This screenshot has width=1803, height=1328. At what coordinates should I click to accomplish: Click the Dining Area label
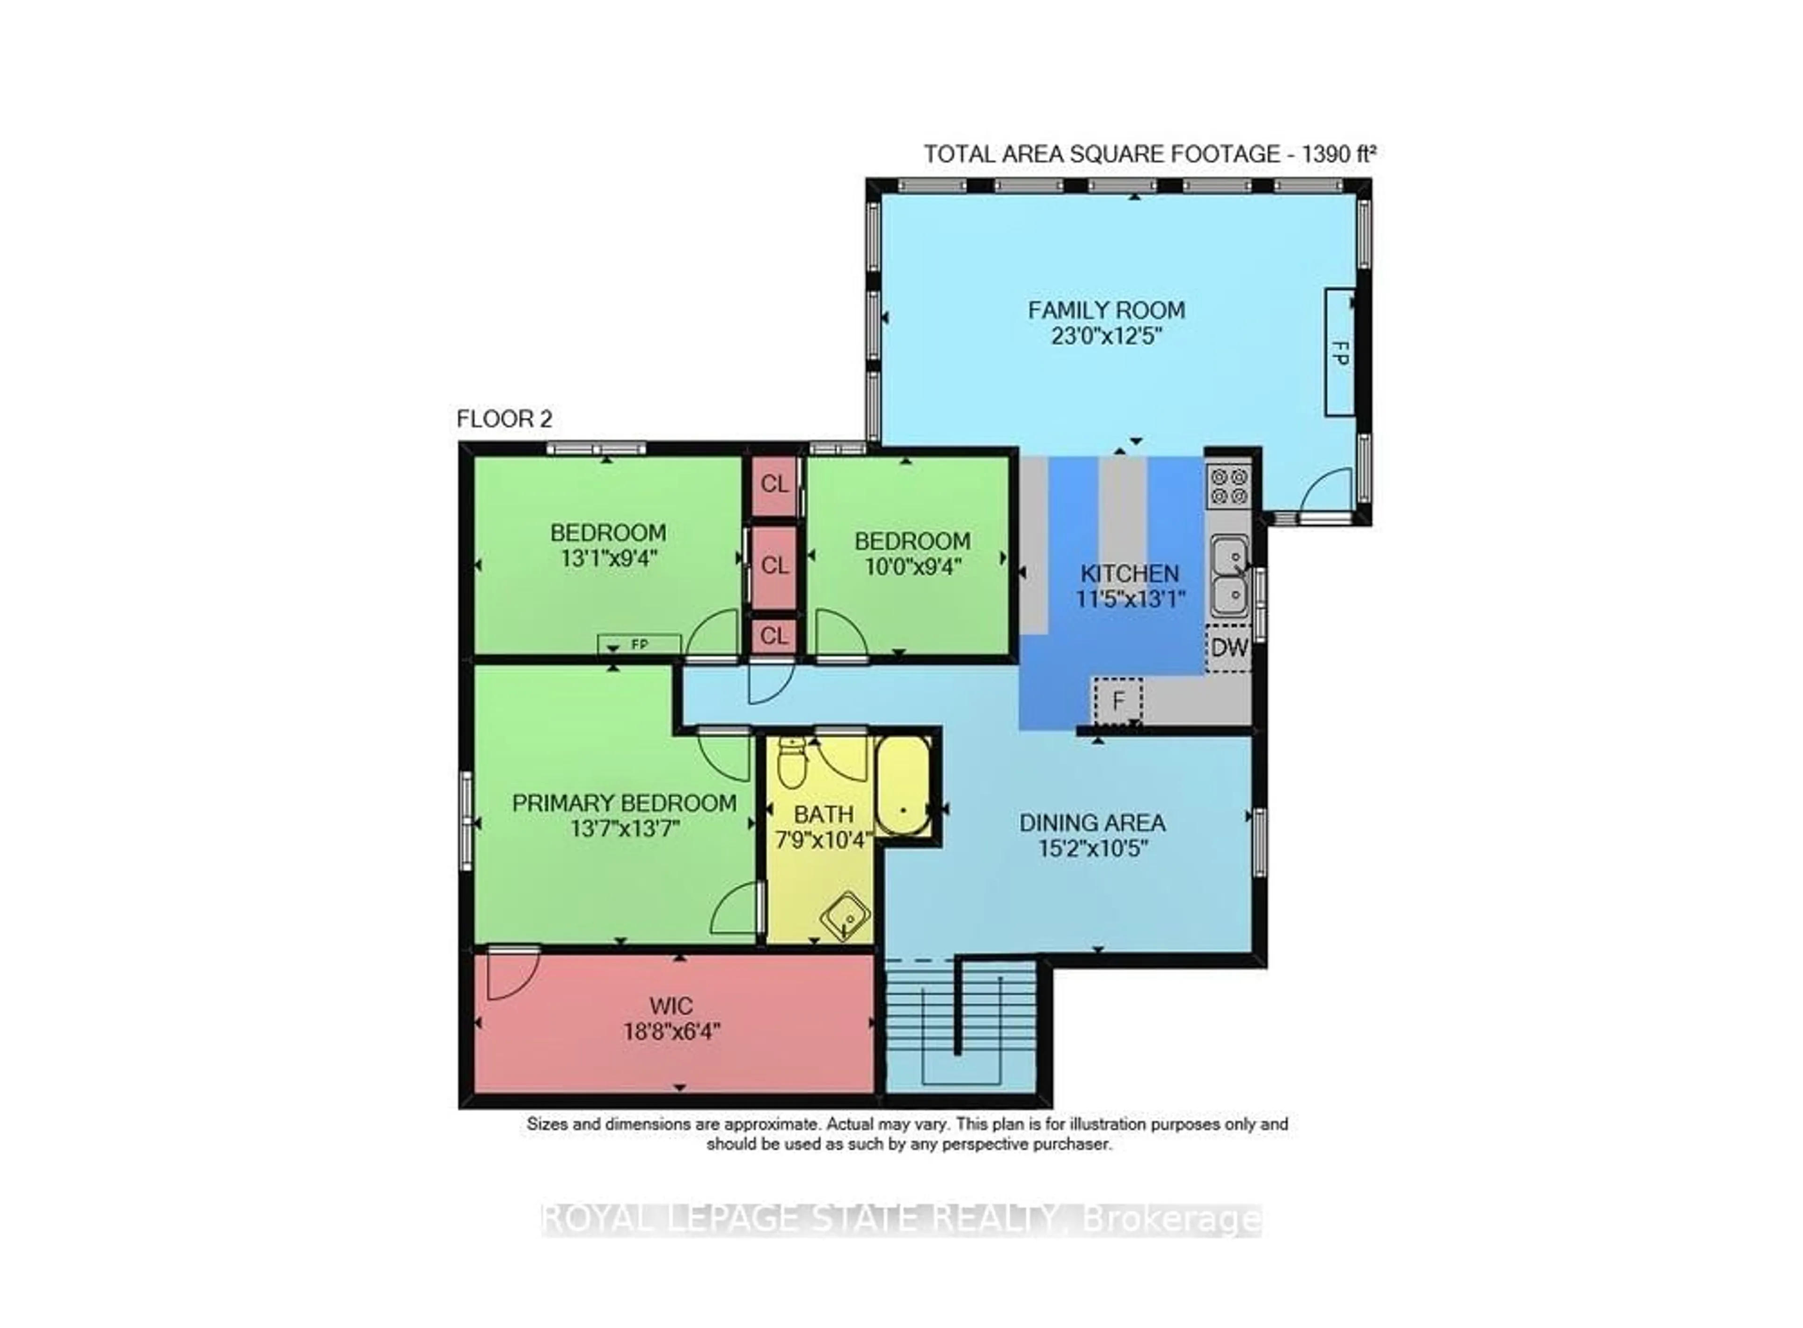coord(1092,823)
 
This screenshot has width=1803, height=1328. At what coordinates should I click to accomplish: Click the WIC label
coord(670,1006)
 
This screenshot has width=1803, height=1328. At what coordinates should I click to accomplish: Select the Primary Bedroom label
coord(624,803)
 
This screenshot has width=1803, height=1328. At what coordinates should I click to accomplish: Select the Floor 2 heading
coord(504,419)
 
